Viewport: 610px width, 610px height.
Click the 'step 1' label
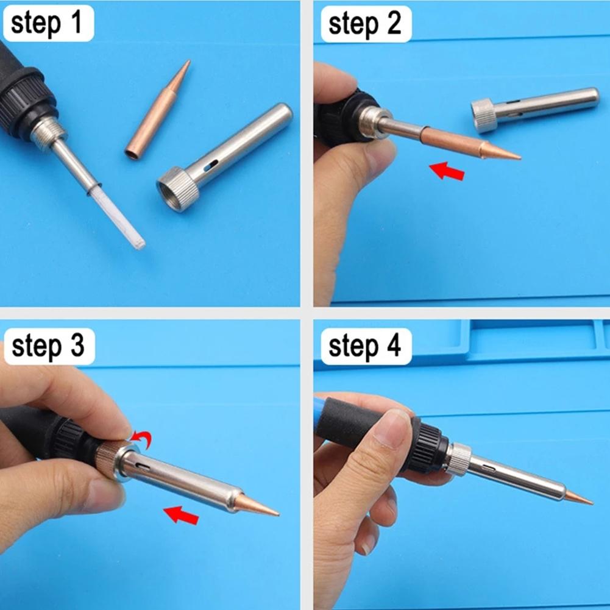[46, 24]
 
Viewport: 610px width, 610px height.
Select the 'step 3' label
[47, 347]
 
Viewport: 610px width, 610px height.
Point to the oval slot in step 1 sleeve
[210, 165]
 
